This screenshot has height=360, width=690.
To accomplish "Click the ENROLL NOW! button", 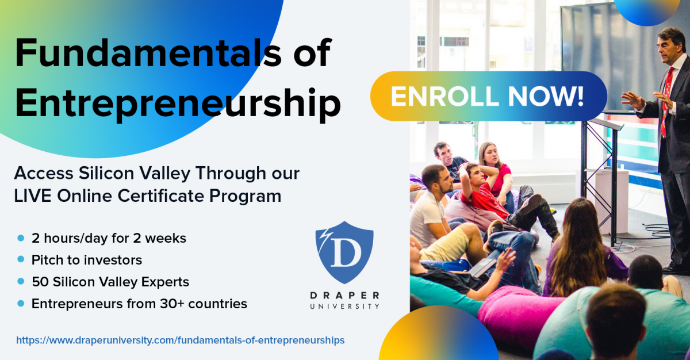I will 488,96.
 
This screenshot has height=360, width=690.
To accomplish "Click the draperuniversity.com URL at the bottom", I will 180,340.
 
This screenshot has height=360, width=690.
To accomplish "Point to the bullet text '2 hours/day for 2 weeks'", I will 109,238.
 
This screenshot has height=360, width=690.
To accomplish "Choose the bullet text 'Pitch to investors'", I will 87,260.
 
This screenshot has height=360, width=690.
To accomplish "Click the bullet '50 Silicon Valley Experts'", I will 110,282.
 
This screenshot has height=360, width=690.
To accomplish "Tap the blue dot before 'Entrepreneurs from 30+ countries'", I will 21,303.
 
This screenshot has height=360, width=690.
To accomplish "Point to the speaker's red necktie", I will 666,101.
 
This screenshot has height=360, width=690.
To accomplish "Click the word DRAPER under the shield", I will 344,296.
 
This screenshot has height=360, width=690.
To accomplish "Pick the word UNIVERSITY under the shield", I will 344,307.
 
